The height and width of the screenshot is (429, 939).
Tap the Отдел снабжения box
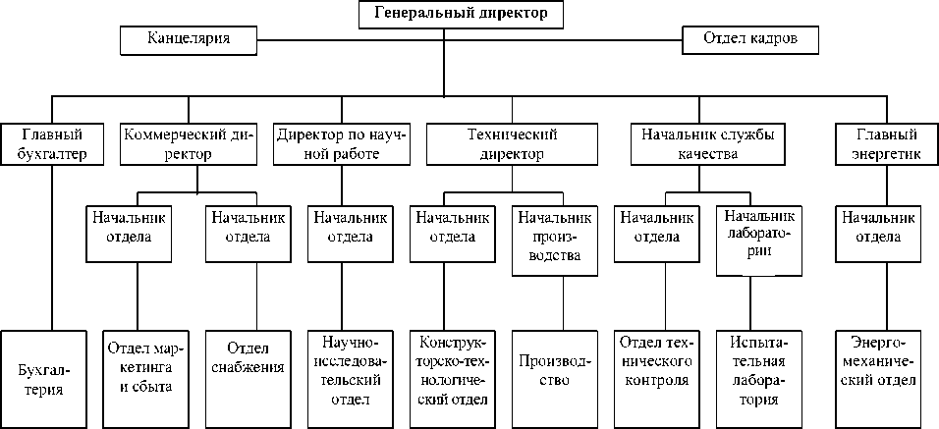(255, 369)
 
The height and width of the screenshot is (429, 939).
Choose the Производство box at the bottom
(553, 369)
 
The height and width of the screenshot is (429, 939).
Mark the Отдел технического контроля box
(656, 369)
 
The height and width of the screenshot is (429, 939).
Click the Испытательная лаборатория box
(756, 369)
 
